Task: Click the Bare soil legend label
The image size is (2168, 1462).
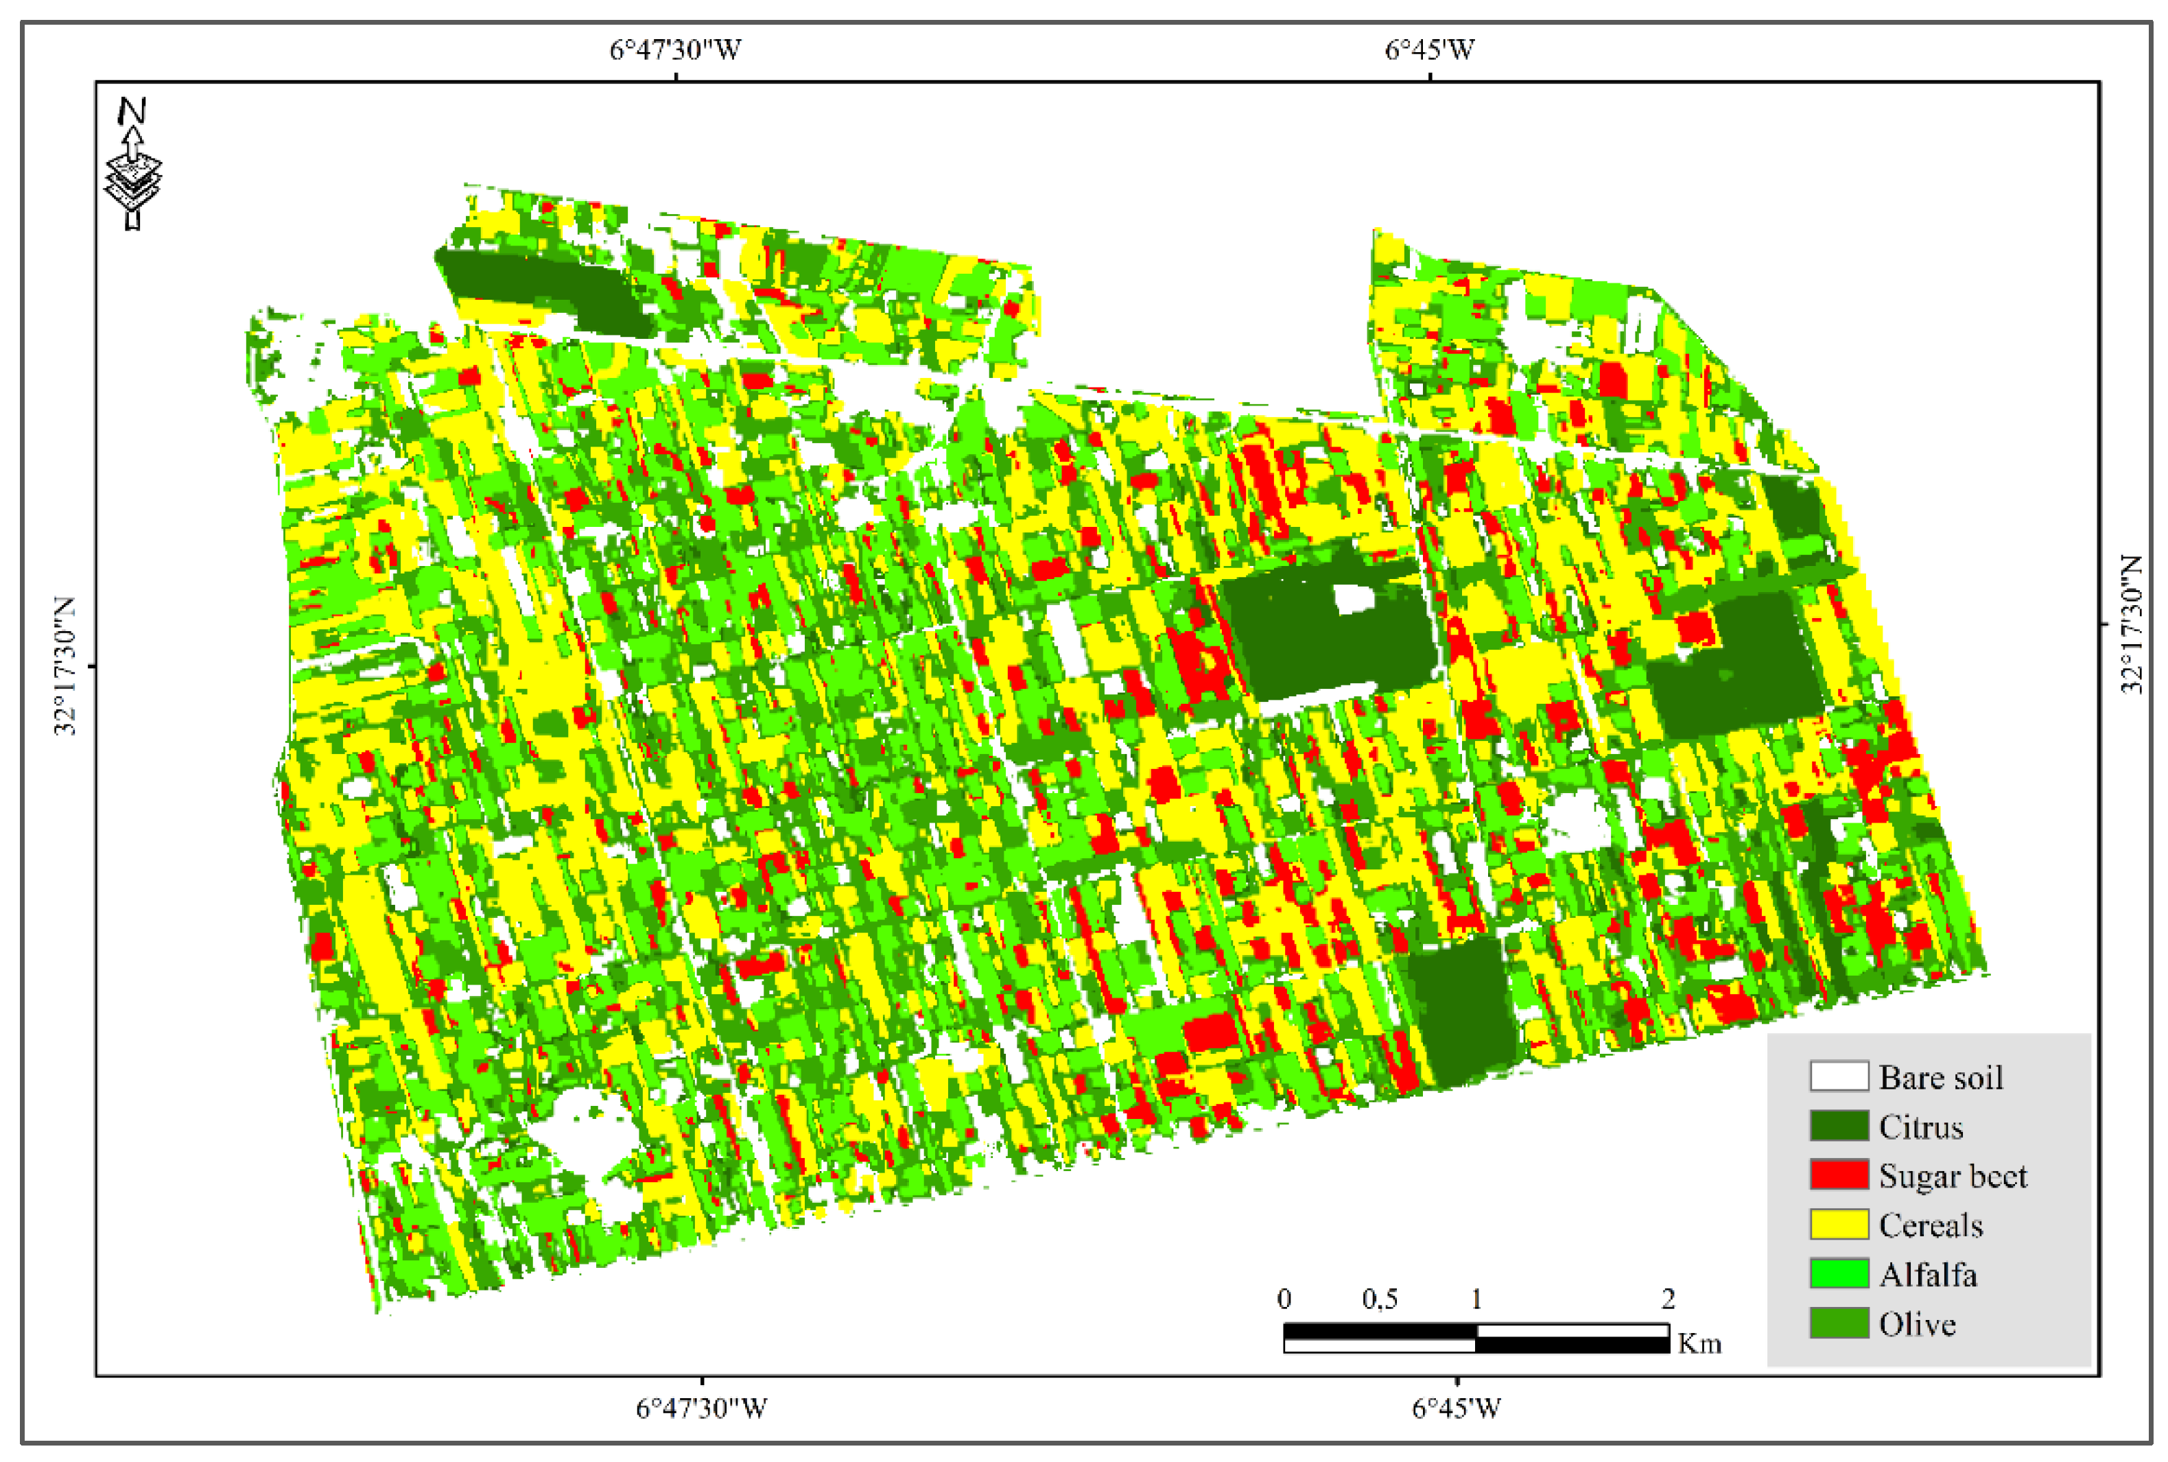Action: click(1940, 1078)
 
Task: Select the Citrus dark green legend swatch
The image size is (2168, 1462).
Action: click(1839, 1125)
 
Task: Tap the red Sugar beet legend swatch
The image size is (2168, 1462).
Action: click(1839, 1175)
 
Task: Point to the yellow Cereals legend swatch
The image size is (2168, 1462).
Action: click(1839, 1224)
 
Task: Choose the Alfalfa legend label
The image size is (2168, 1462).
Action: click(1927, 1275)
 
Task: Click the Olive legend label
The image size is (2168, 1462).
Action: click(1916, 1324)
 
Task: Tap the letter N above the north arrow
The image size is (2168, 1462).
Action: click(132, 111)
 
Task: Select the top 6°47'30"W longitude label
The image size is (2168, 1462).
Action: click(675, 49)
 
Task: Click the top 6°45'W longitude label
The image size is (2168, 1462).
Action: click(1430, 49)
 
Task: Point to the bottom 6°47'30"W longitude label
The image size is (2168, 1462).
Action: click(701, 1408)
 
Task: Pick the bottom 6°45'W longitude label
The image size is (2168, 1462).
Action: click(1457, 1408)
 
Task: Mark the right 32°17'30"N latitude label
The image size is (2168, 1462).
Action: click(2132, 625)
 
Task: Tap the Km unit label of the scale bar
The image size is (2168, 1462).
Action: click(1699, 1343)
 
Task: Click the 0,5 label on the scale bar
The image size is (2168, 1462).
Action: click(1380, 1299)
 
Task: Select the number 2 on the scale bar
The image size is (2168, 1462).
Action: click(1669, 1299)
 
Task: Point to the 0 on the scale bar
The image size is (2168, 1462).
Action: click(1284, 1299)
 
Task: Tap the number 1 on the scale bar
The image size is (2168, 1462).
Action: click(1476, 1299)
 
